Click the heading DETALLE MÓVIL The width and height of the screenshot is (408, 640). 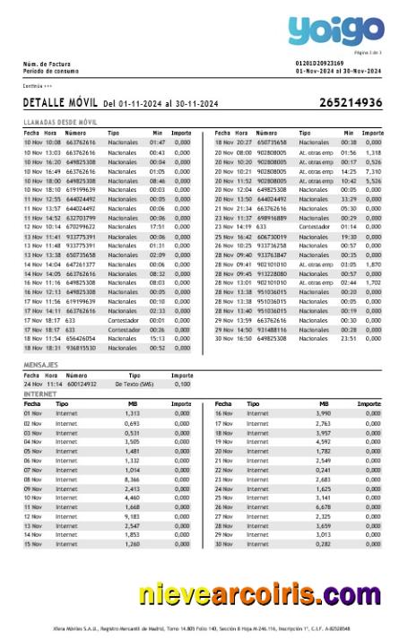(61, 104)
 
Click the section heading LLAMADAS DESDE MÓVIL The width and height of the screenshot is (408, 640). (61, 121)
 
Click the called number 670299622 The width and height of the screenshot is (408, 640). (81, 227)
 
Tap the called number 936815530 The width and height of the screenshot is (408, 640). (81, 348)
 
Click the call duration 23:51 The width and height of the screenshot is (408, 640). (349, 338)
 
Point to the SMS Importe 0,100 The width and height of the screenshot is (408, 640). (182, 384)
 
